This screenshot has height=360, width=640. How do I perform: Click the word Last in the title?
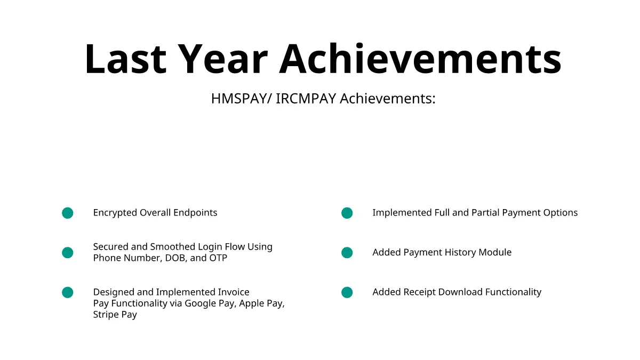tap(126, 59)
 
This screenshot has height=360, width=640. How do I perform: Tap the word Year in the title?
tap(225, 59)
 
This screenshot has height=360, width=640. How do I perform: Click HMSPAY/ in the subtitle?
tap(242, 99)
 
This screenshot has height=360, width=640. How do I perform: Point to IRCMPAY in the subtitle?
tap(306, 99)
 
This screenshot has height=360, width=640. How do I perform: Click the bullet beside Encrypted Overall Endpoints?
tap(67, 213)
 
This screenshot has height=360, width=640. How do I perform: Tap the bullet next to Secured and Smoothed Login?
tap(67, 253)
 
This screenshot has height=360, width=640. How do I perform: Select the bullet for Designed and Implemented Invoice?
tap(67, 292)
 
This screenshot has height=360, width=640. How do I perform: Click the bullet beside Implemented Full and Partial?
tap(347, 213)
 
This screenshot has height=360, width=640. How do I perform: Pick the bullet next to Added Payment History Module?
tap(347, 253)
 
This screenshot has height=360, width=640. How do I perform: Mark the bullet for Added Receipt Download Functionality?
tap(347, 292)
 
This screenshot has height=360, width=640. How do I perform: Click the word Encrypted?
tap(115, 213)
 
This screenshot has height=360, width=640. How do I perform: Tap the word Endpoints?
tap(195, 213)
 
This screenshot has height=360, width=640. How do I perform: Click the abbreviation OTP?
tap(218, 258)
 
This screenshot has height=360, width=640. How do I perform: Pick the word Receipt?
tap(419, 292)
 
